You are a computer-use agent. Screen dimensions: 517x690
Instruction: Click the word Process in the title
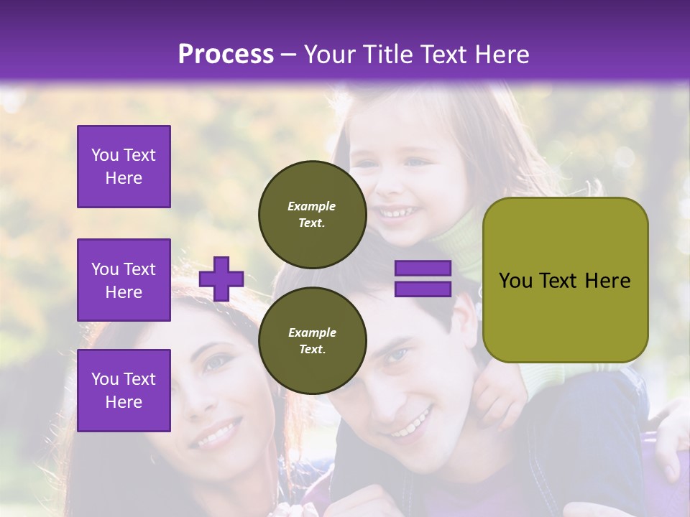226,55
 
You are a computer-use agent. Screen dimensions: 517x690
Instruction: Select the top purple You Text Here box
124,167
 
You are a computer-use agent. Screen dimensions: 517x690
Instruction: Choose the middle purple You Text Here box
124,280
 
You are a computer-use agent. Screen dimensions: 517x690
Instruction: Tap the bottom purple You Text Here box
124,390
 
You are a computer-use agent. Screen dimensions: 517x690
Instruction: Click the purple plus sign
221,279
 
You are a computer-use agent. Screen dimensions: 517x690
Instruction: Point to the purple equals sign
423,279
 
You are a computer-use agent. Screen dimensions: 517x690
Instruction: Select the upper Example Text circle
312,215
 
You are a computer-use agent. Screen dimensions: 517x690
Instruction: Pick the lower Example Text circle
312,341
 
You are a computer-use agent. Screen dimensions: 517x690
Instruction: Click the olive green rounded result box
565,280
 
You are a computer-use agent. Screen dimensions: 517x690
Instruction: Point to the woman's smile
216,433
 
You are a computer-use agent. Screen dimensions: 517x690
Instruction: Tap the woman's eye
216,363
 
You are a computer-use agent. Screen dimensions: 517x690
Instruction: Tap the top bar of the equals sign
423,269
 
